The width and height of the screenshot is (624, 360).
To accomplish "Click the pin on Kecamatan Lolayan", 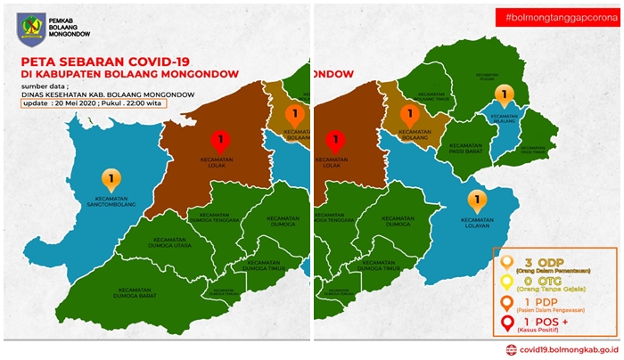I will pos(477,198).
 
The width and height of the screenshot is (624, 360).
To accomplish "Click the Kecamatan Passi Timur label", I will pos(536,149).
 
